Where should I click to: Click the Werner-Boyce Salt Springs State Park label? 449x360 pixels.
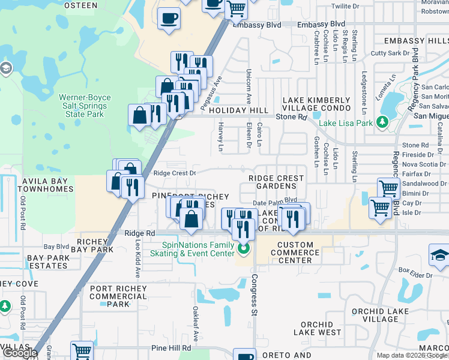point(82,106)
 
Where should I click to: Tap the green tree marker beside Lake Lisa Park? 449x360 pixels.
point(382,124)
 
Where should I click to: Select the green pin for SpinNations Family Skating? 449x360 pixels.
point(243,248)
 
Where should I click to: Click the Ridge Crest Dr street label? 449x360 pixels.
point(175,173)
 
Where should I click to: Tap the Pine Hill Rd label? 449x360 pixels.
point(171,347)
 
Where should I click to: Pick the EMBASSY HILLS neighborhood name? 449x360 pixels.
point(416,40)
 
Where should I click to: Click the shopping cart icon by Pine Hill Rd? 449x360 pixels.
point(82,350)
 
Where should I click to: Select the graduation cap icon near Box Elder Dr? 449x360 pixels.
point(439,256)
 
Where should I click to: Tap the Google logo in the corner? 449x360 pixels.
point(19,353)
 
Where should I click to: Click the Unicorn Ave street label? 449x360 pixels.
point(248,86)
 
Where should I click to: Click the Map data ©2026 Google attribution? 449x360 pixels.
point(412,355)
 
